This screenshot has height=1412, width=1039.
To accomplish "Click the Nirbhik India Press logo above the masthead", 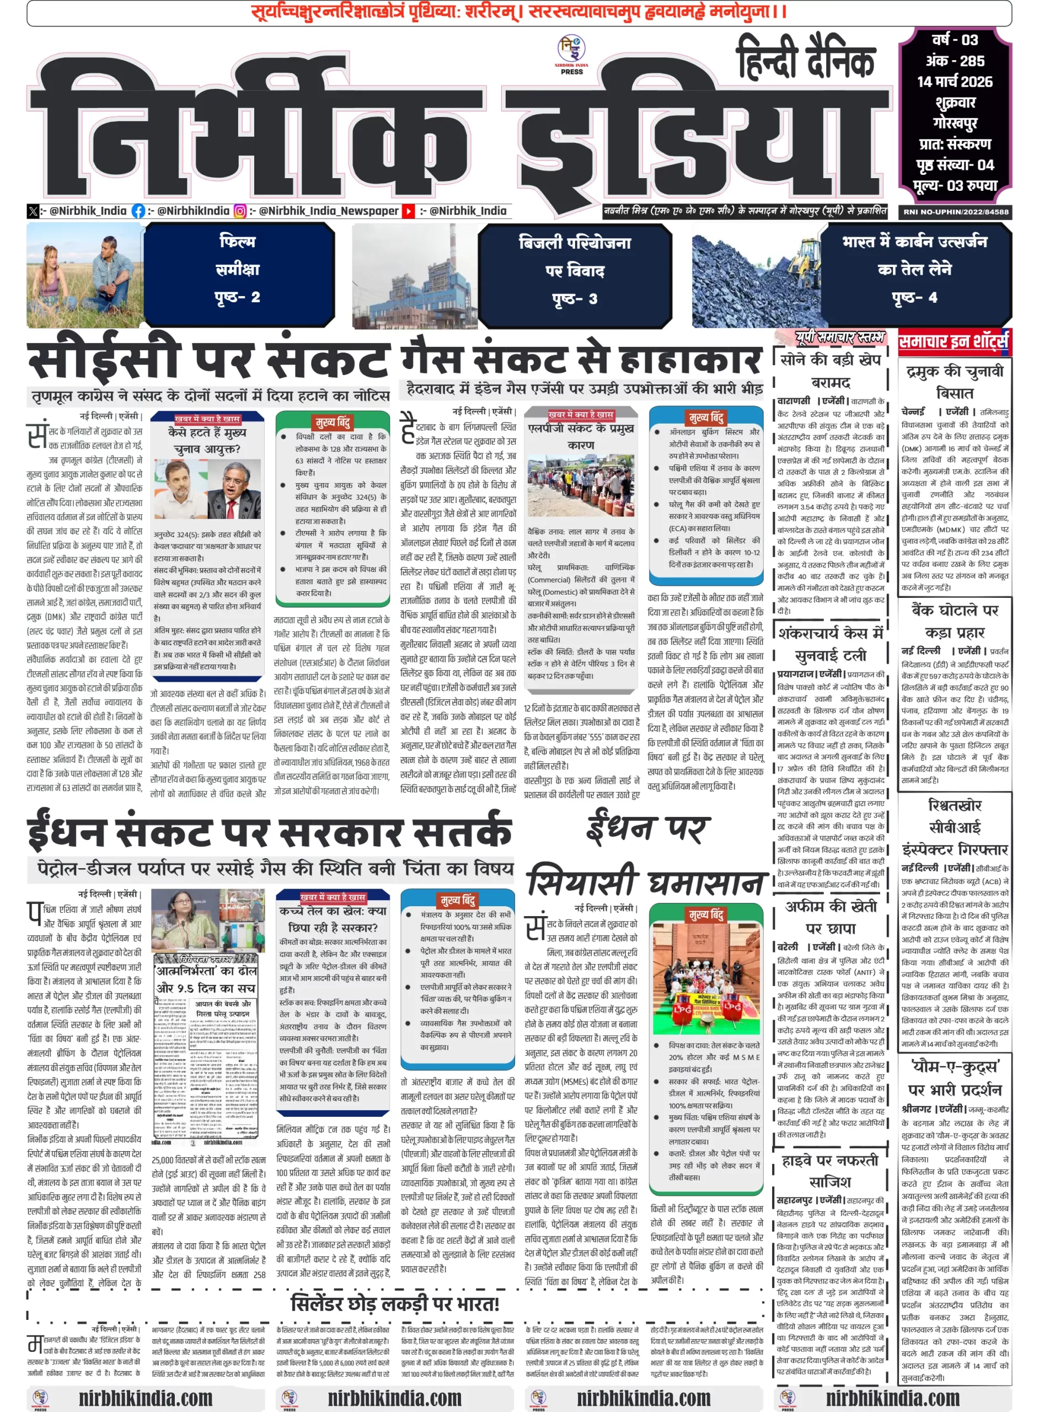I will click(571, 54).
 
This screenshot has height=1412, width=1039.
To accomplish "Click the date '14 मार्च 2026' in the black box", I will click(954, 82).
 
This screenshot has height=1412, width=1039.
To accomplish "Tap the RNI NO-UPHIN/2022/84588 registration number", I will click(955, 212).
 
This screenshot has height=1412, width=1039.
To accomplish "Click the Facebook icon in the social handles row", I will click(138, 211).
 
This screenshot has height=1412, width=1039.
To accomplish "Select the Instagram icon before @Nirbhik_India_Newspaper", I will click(240, 211).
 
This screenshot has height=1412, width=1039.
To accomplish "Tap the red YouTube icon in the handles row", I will click(409, 211).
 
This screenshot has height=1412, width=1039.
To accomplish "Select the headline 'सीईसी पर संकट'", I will click(207, 362).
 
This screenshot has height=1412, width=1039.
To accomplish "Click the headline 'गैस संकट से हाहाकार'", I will click(581, 359).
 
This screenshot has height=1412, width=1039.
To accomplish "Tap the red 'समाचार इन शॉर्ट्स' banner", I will click(954, 341).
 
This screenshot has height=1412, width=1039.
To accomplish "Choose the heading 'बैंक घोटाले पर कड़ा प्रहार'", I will click(955, 621).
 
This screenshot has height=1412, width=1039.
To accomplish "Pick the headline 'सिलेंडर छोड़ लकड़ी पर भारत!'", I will click(394, 1304).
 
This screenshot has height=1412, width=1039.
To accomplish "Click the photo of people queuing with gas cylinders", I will click(581, 485).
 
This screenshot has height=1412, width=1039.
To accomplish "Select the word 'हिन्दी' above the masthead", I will click(771, 58).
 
